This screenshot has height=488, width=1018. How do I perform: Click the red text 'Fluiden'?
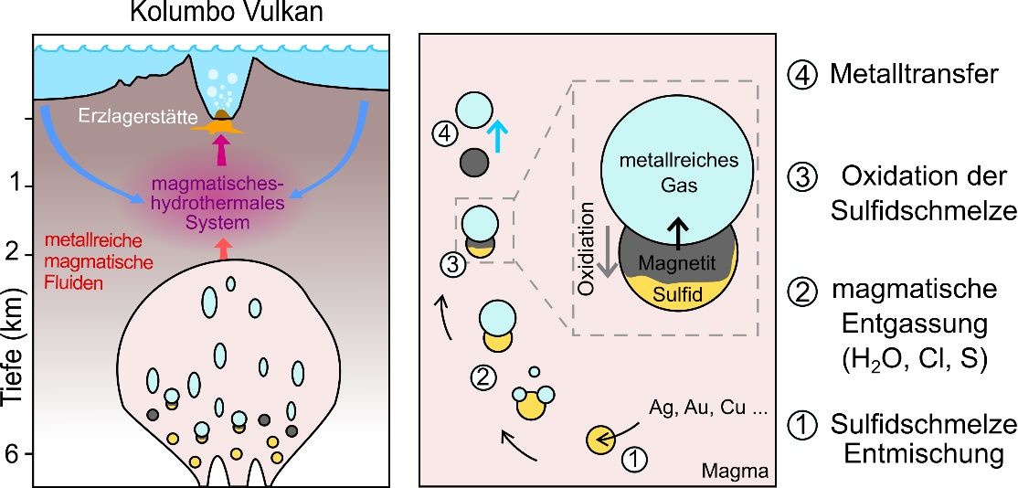pos(74,283)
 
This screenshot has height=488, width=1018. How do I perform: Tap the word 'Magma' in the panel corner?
pos(734,472)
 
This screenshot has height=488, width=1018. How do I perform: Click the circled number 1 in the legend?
pos(801,426)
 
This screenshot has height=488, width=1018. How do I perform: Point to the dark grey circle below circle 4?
pos(473,163)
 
